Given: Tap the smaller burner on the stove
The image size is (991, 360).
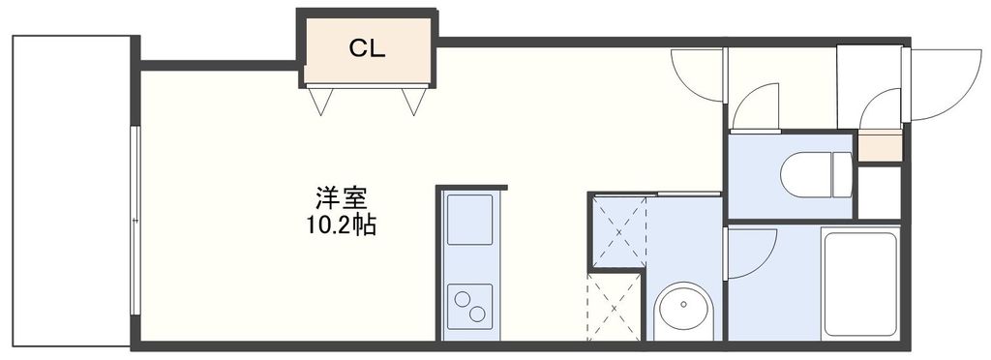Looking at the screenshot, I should (478, 314).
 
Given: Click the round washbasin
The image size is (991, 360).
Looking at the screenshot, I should (683, 312).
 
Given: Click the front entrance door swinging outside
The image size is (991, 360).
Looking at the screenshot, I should (944, 87).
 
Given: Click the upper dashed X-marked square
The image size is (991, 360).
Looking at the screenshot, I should (617, 229).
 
